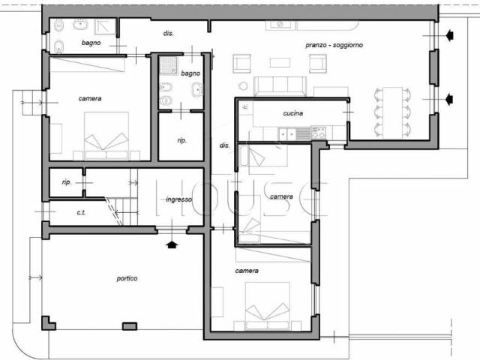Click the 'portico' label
click(x=127, y=278)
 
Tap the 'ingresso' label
click(x=178, y=199)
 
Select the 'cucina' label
click(x=293, y=113)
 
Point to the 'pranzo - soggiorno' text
click(x=334, y=45)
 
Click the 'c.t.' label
click(x=81, y=212)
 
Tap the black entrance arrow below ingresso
click(x=172, y=244)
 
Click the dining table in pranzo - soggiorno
click(x=392, y=112)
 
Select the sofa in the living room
click(x=280, y=86)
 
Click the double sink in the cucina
click(x=287, y=133)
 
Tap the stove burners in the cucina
click(x=318, y=132)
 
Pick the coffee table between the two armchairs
click(x=280, y=62)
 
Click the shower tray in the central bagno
click(x=168, y=65)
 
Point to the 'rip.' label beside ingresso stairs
click(x=67, y=182)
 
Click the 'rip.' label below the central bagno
click(x=181, y=140)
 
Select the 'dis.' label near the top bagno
click(x=168, y=33)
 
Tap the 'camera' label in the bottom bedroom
click(x=247, y=271)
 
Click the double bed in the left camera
click(x=106, y=136)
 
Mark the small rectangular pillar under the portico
click(x=130, y=326)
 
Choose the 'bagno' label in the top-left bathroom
click(x=91, y=43)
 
